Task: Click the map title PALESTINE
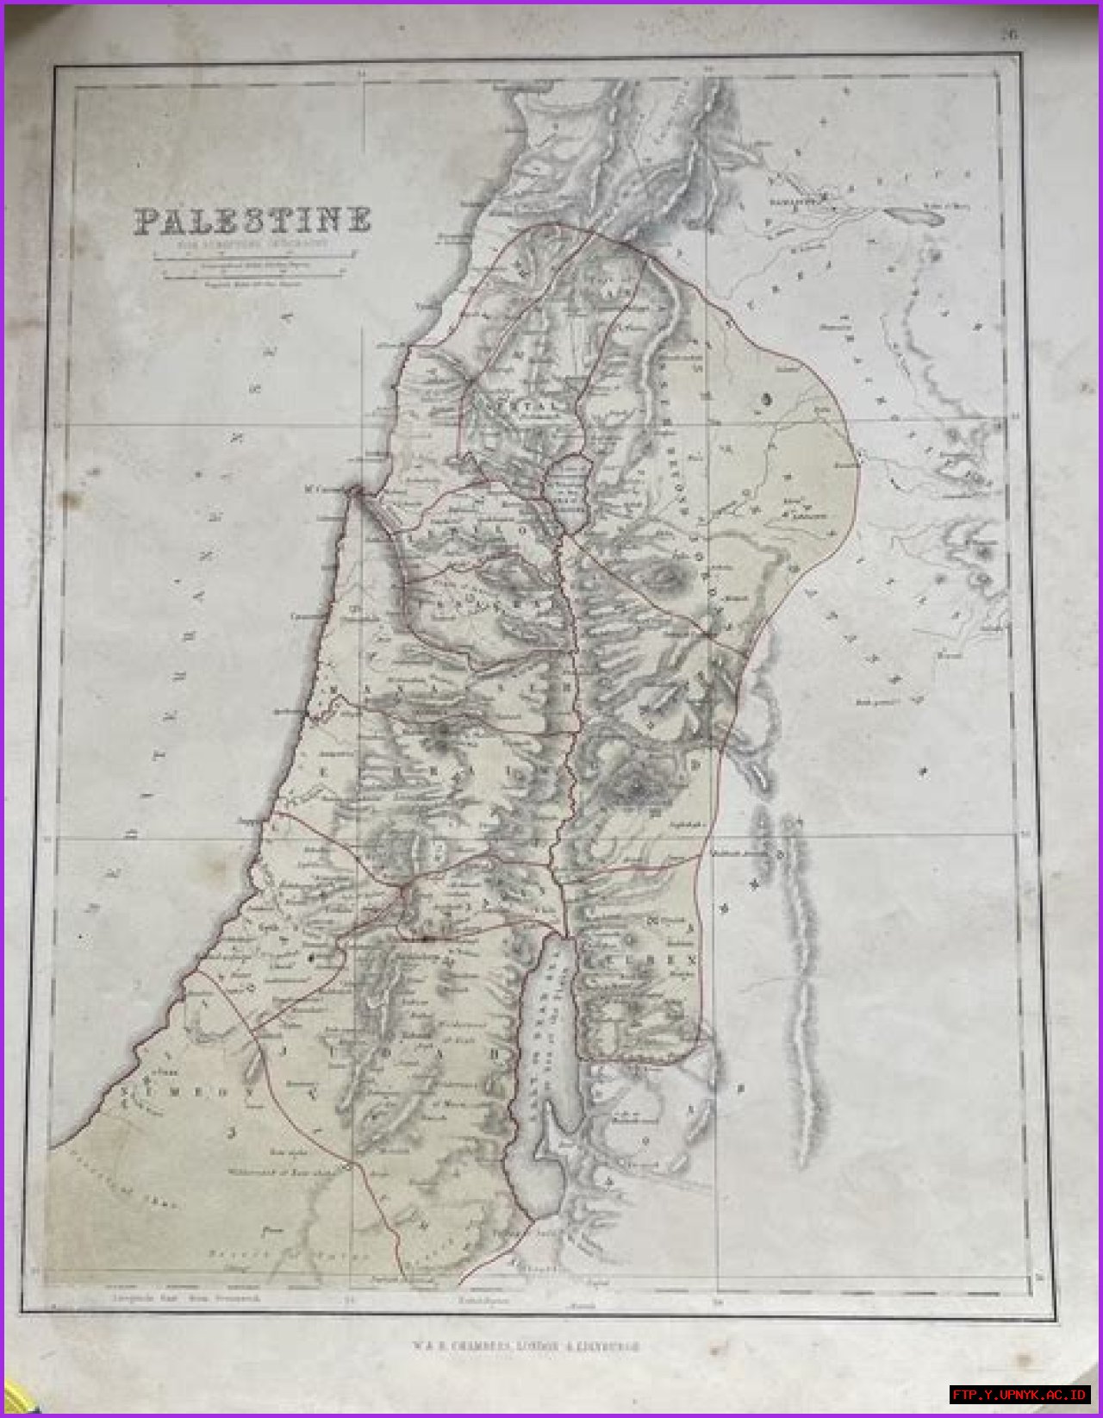click(252, 221)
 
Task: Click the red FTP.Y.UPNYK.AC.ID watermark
click(1020, 1395)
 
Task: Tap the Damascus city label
click(793, 203)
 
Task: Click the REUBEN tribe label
click(672, 959)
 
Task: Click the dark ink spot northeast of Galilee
click(766, 398)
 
